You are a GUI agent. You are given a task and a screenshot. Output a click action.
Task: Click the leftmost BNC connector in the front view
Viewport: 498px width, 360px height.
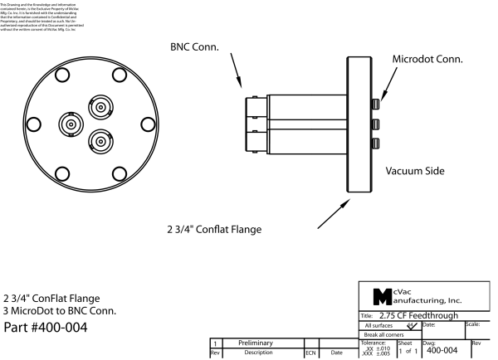[x=70, y=124]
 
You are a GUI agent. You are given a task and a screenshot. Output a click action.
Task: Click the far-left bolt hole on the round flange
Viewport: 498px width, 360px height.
[x=33, y=124]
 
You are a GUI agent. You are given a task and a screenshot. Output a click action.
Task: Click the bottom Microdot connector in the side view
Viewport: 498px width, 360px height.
[x=376, y=144]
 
